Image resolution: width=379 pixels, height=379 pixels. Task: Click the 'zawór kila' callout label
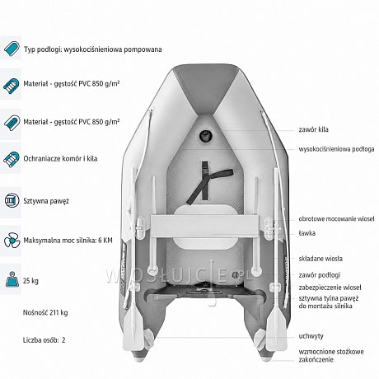tap(313, 129)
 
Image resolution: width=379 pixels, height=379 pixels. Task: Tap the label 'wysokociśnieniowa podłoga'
tap(336, 149)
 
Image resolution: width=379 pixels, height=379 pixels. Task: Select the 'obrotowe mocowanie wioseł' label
tap(336, 219)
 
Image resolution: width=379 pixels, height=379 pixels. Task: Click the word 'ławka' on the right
tap(307, 233)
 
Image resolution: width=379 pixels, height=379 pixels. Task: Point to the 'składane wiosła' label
tap(321, 259)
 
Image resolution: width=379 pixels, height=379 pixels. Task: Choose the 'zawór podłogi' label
tap(320, 275)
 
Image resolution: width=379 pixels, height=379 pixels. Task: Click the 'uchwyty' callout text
tap(311, 336)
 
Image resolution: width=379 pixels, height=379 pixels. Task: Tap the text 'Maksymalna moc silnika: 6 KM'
tap(68, 241)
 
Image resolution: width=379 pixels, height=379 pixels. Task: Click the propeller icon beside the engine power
tap(12, 241)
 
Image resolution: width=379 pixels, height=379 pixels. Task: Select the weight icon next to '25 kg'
tap(12, 279)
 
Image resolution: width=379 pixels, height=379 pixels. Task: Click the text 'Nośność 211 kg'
tap(45, 312)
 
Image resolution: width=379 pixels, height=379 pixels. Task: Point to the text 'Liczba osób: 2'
tap(44, 340)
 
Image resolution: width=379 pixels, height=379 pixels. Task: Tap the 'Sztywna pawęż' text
tap(46, 201)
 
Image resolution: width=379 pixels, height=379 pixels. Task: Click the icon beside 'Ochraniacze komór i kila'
tap(12, 159)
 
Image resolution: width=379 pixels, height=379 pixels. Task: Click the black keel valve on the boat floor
tap(206, 135)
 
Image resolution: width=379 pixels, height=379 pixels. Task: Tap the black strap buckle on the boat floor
tap(205, 168)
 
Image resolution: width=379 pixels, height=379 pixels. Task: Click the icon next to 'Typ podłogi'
tap(12, 49)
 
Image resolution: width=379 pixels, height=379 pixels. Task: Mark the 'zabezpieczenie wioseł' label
tap(330, 288)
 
